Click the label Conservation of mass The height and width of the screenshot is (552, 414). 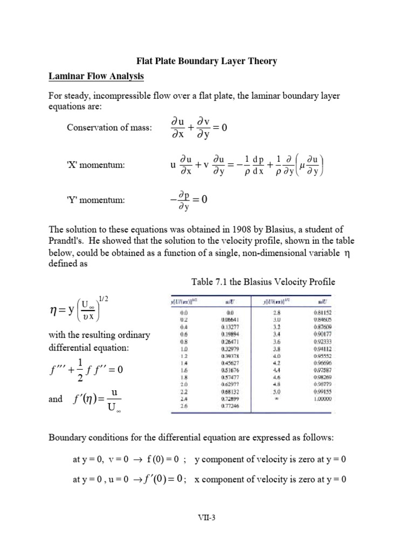click(109, 128)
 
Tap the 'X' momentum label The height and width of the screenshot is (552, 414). click(96, 164)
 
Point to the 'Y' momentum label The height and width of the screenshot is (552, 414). click(96, 200)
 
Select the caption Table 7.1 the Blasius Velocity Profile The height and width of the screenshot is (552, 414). click(264, 282)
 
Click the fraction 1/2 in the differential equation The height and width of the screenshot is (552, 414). click(81, 370)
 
